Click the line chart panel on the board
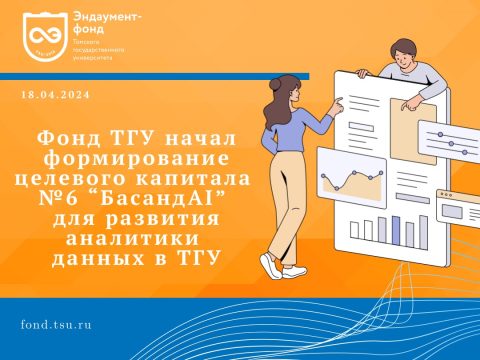(x=353, y=186)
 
